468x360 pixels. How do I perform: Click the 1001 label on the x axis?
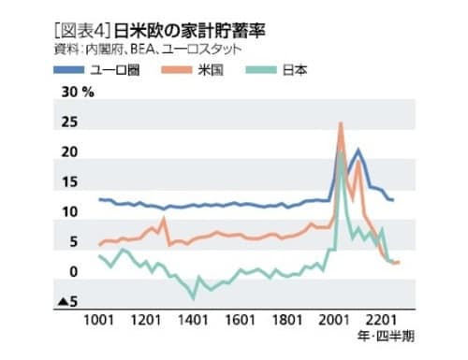(x=100, y=320)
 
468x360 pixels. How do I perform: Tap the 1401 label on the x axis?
(x=193, y=320)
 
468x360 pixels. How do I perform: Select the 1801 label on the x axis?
(x=286, y=320)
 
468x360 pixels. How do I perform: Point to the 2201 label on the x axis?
(x=379, y=320)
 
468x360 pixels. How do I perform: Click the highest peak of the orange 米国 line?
(x=340, y=123)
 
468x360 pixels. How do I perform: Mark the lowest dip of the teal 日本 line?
(x=193, y=296)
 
